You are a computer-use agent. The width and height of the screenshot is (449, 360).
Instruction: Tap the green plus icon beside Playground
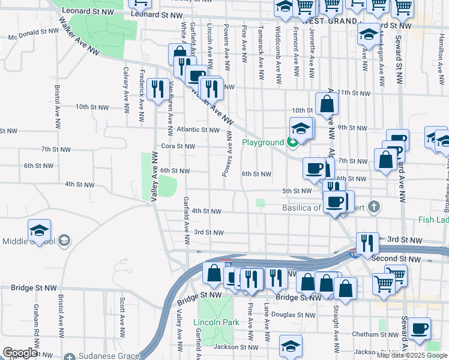point(292,142)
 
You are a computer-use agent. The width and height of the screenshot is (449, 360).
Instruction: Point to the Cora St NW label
point(178,146)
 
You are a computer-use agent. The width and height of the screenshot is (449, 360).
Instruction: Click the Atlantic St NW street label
point(198,130)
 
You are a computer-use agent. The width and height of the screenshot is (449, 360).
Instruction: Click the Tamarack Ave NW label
point(261,62)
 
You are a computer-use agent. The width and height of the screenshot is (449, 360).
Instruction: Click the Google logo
point(20,353)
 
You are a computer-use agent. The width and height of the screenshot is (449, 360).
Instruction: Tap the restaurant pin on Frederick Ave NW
point(157,89)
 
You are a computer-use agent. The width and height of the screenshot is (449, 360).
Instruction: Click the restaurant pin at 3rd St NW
point(367,243)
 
